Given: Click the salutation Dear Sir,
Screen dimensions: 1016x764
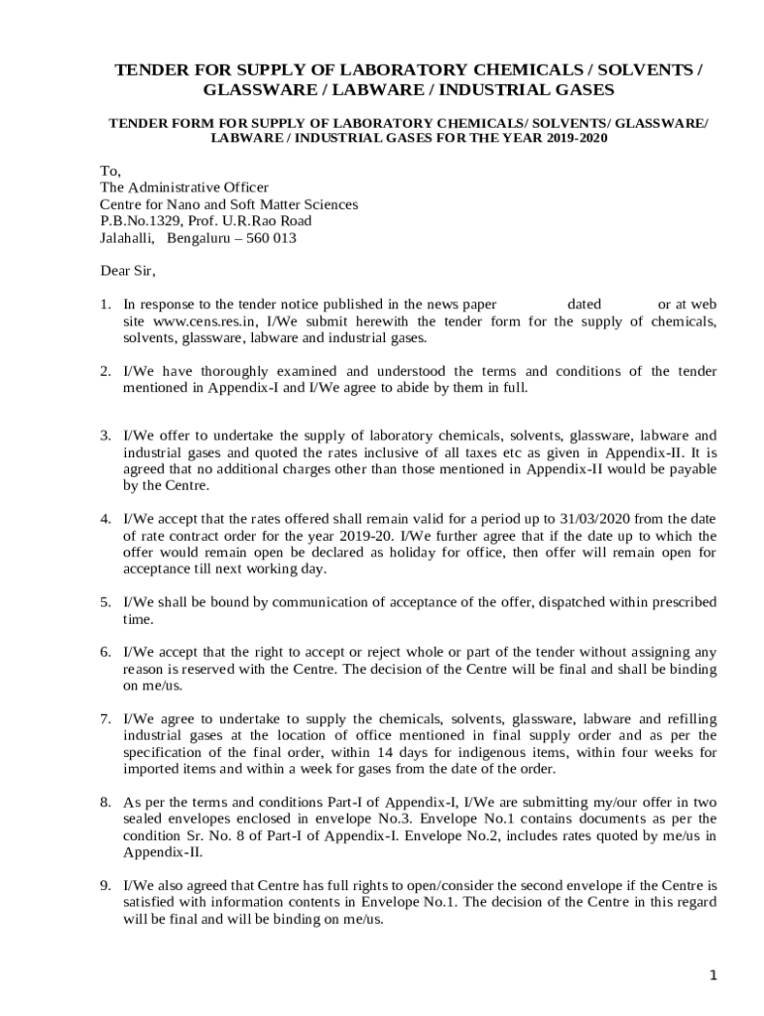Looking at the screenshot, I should click(128, 270).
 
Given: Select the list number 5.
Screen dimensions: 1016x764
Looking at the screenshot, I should click(104, 602).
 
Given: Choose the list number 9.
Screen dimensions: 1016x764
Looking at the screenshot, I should click(104, 884).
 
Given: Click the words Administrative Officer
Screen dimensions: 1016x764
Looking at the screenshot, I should click(197, 188).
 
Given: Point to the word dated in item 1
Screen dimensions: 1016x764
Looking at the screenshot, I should click(583, 305).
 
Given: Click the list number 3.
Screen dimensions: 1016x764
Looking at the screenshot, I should click(104, 436).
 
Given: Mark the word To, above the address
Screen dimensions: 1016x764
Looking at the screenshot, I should click(110, 171).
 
